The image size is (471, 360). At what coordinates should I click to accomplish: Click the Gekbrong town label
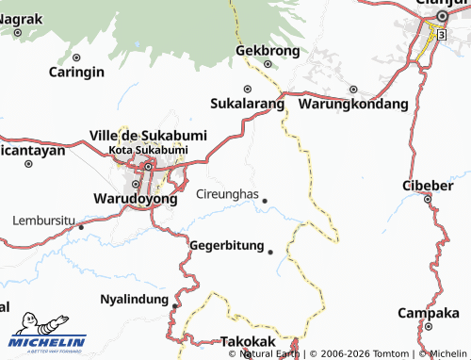click(268, 50)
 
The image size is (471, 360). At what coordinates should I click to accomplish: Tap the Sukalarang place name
click(246, 103)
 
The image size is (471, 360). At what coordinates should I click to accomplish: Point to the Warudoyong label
click(136, 199)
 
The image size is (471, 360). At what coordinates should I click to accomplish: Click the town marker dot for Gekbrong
click(268, 64)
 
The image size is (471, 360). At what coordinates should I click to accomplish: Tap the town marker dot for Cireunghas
click(265, 201)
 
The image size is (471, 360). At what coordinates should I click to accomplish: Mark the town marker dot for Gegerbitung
click(270, 252)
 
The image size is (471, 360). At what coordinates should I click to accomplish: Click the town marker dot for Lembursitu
click(82, 226)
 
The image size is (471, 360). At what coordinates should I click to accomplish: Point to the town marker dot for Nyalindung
click(175, 305)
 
